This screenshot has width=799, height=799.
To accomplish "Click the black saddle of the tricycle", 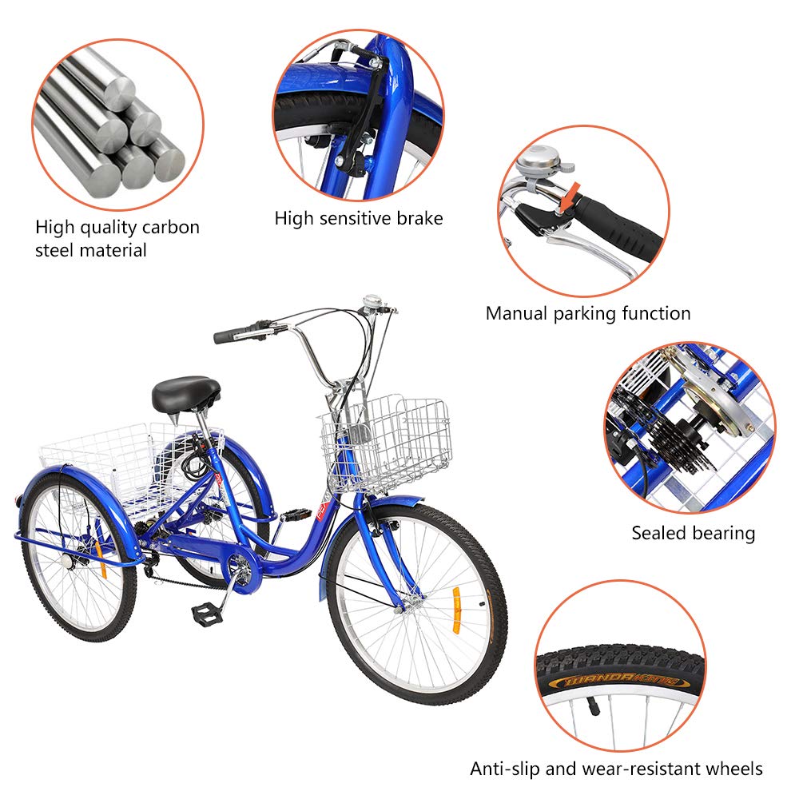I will tap(185, 392).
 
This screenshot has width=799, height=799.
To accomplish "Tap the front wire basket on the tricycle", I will tap(385, 442).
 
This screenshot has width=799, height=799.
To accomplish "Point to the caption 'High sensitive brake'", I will tap(358, 218).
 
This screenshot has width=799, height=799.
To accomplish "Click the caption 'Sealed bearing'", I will tap(693, 533).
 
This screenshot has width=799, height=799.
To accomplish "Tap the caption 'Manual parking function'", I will tap(588, 313).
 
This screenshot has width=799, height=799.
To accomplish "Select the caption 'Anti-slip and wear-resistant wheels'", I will tap(616, 769).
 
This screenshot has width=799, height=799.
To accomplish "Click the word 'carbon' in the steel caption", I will tap(170, 228).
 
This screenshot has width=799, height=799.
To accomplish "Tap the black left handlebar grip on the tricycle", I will tap(232, 334).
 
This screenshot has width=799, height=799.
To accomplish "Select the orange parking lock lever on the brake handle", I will tap(568, 197).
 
